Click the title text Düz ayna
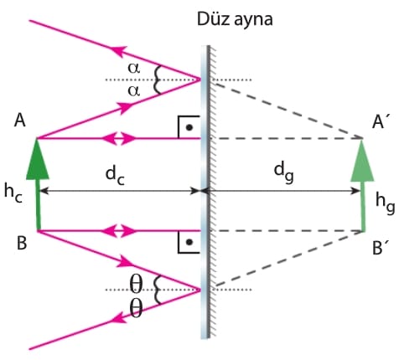click(x=235, y=20)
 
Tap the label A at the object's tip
click(x=20, y=121)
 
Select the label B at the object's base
click(x=22, y=243)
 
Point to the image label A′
click(x=379, y=121)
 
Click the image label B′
click(x=380, y=247)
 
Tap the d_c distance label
click(x=115, y=177)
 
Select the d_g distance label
click(x=283, y=173)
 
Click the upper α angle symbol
click(x=133, y=69)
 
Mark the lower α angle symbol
click(x=133, y=91)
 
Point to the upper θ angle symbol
click(x=136, y=285)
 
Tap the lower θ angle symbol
click(x=136, y=309)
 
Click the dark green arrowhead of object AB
click(x=38, y=159)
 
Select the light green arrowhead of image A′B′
click(x=362, y=161)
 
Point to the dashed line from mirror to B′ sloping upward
click(x=289, y=259)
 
